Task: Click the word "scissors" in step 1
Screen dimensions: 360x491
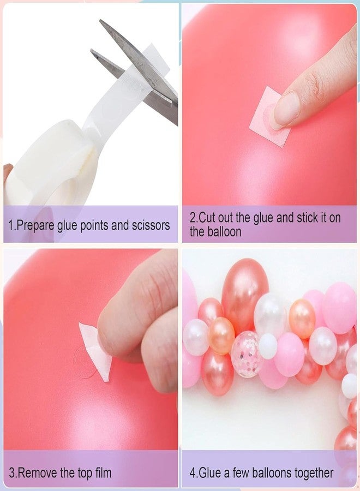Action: pyautogui.click(x=151, y=225)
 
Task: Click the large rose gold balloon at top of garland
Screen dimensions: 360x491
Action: pyautogui.click(x=244, y=295)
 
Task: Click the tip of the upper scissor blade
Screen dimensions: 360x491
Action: pyautogui.click(x=100, y=21)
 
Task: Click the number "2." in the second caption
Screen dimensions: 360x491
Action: pyautogui.click(x=194, y=218)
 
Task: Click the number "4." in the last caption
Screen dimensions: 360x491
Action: pyautogui.click(x=194, y=473)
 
